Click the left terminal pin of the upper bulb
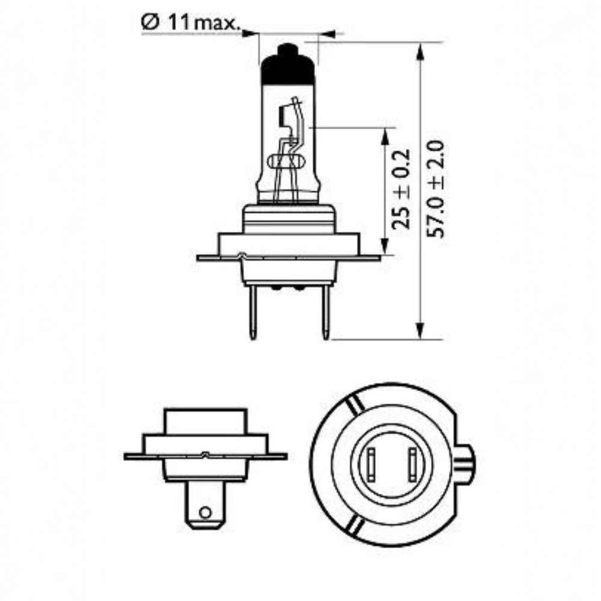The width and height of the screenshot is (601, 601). pos(254,313)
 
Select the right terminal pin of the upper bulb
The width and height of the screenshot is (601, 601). pos(325,313)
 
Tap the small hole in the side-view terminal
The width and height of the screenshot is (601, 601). pos(206,513)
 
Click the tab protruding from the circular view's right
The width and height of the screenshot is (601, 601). pos(466,463)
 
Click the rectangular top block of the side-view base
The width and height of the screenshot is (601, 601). pos(205,421)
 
